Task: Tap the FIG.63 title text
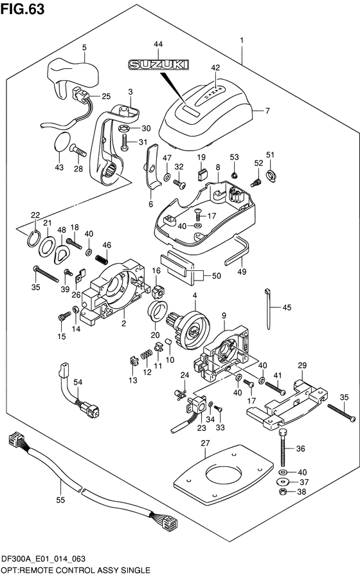point(22,9)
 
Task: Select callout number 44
point(158,44)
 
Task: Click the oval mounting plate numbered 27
point(223,474)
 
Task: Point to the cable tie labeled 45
point(267,309)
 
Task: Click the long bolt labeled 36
point(283,448)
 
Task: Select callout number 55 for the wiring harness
point(60,500)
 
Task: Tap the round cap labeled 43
point(62,142)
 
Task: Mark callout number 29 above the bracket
point(302,365)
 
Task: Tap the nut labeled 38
point(282,491)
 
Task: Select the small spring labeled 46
point(101,259)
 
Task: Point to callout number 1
point(242,40)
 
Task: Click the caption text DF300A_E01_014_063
point(43,559)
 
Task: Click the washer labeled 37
point(282,482)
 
